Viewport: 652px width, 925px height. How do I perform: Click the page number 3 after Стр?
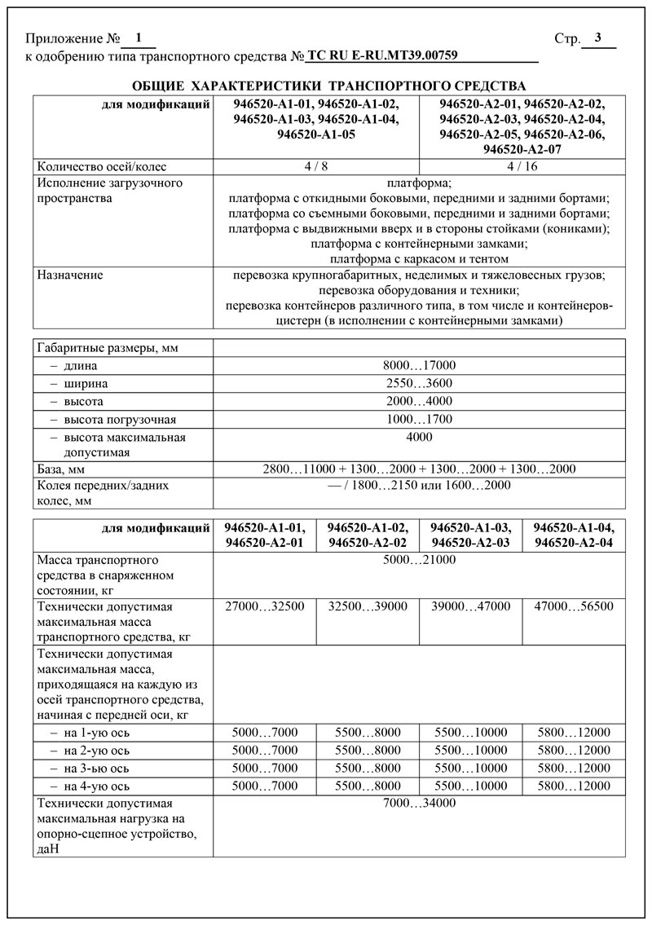point(598,37)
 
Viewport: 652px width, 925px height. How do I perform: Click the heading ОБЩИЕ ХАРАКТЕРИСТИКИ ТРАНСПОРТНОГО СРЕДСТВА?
point(328,86)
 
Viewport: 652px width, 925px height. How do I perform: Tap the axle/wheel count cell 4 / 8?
point(316,166)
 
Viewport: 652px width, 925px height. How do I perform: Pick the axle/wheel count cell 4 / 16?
point(522,166)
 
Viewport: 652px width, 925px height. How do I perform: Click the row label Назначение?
point(70,275)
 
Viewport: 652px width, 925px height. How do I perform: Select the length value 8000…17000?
point(419,366)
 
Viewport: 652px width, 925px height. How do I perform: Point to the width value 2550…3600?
point(419,384)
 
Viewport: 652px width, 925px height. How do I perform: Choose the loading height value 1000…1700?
point(419,419)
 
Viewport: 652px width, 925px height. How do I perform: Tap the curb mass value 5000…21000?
point(419,560)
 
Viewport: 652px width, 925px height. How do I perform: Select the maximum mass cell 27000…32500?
point(264,606)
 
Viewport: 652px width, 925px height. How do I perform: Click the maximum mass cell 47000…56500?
point(574,606)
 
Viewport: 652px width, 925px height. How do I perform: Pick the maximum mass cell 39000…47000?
point(471,606)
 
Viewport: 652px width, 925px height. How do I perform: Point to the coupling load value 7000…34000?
point(419,804)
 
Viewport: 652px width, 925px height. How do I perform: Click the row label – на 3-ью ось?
point(86,768)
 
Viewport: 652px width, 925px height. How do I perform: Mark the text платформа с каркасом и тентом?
point(419,258)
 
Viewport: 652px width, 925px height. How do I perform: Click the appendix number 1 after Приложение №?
point(138,37)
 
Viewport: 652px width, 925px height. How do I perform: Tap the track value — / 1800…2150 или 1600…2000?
point(419,485)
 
